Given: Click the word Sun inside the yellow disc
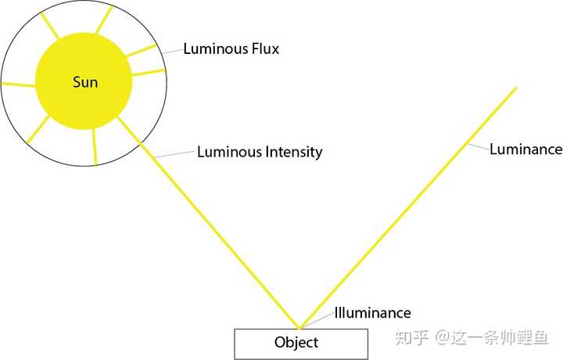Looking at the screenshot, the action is click(85, 82).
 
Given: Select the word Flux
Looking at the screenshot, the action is click(265, 49).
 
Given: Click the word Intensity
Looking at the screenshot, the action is click(294, 152).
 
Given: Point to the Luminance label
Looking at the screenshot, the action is click(526, 149).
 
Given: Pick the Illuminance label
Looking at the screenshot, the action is click(373, 313).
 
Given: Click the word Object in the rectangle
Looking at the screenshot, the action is click(296, 343).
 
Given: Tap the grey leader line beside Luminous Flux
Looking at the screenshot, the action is click(171, 52).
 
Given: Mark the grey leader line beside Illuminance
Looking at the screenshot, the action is click(317, 320).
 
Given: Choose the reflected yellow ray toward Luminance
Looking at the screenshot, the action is click(407, 207).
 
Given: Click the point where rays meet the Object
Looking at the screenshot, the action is click(299, 328).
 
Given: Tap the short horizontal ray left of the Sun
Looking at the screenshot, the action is click(19, 85).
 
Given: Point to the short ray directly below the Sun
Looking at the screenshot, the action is click(95, 146).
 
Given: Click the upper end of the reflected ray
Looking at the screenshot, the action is click(516, 88).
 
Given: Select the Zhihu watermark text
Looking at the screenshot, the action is click(472, 338).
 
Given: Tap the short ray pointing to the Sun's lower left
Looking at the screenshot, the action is click(38, 129).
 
